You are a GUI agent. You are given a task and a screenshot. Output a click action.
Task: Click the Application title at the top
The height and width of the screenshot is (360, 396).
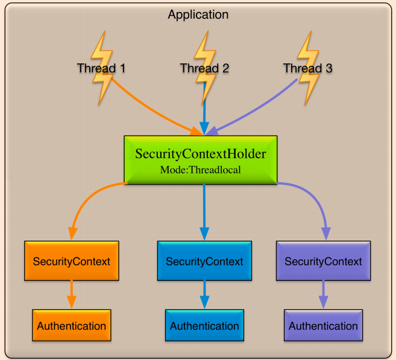(x=198, y=14)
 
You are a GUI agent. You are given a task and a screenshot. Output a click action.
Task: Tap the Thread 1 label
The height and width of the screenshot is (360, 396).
(x=101, y=68)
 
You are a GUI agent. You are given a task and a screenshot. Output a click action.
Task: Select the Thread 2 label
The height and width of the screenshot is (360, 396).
(x=204, y=68)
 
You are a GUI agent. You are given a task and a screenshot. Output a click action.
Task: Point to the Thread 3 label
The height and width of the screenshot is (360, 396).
(x=307, y=68)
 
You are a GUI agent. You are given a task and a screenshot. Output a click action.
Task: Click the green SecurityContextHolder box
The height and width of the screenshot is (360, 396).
(x=200, y=153)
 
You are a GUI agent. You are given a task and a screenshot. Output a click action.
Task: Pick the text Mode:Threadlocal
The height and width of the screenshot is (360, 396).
(x=200, y=170)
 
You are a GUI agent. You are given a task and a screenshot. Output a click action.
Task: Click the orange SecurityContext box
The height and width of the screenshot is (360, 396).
(x=72, y=261)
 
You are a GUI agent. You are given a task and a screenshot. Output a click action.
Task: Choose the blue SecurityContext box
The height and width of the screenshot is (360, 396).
(x=204, y=261)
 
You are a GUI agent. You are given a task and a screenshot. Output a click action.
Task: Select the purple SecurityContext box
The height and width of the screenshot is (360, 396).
(x=323, y=261)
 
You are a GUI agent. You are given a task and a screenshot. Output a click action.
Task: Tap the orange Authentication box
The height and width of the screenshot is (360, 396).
(x=72, y=326)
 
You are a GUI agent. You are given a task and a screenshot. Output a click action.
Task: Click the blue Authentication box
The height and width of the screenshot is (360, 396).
(x=204, y=326)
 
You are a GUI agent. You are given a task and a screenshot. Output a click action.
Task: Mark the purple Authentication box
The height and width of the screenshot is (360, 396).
(x=323, y=326)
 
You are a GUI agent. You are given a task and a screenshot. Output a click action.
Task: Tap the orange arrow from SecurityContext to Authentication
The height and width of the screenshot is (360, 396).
(x=72, y=294)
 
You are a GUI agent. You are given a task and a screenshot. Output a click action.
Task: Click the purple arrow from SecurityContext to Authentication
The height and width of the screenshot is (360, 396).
(x=323, y=294)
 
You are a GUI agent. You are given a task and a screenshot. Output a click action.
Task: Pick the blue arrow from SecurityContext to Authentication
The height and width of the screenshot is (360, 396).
(x=204, y=294)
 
